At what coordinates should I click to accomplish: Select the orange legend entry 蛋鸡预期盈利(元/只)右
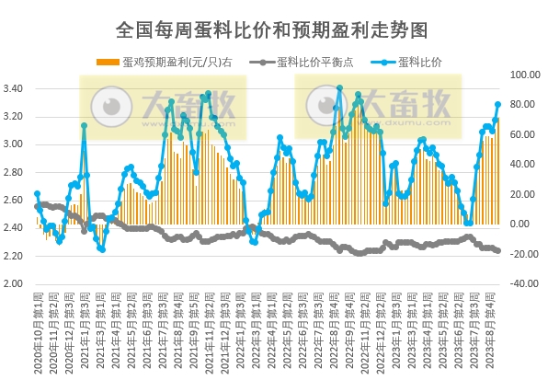click(169, 63)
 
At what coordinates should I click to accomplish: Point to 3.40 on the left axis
click(18, 89)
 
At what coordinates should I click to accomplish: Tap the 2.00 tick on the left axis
click(18, 283)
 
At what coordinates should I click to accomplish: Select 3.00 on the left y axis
click(18, 144)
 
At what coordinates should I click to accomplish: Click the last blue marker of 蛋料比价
click(498, 104)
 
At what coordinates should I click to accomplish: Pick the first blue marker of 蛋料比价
click(36, 193)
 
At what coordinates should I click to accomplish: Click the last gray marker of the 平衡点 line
click(498, 250)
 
